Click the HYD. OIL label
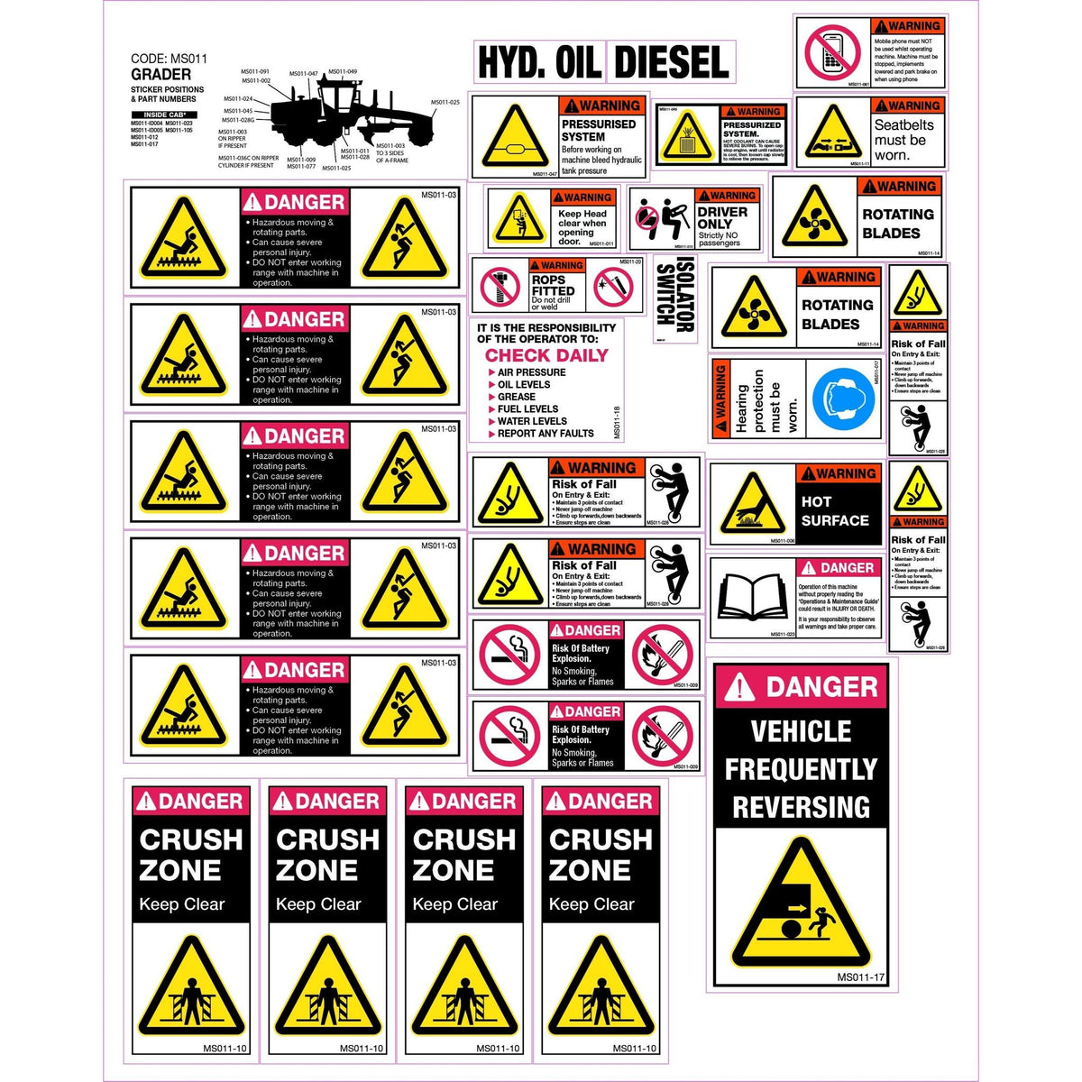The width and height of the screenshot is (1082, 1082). (539, 62)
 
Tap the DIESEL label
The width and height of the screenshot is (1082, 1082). (671, 62)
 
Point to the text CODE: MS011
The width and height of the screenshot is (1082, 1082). (169, 59)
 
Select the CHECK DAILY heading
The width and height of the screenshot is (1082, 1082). (546, 355)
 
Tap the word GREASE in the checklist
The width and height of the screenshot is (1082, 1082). (517, 397)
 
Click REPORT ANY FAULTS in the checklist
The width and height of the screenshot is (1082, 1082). (546, 434)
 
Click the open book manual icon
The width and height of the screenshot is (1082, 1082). (750, 599)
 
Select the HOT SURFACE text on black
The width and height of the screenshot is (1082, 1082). (835, 511)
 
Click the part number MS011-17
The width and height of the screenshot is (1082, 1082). (860, 977)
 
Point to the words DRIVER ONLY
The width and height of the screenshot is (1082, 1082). (722, 218)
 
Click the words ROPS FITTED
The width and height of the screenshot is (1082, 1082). (553, 286)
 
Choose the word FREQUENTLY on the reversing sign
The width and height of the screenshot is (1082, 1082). (801, 769)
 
